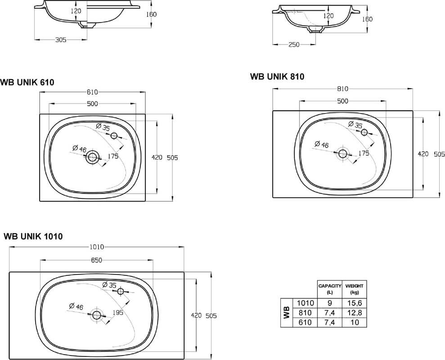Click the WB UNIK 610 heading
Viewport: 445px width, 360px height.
pos(27,82)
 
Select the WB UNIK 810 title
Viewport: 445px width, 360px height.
pos(277,76)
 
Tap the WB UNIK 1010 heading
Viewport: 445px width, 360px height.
pos(33,236)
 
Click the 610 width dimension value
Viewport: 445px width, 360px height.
pos(92,92)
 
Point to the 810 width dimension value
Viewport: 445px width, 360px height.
pos(342,89)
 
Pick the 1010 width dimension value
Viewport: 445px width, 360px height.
pos(97,247)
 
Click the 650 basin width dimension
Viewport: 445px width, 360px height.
pos(96,260)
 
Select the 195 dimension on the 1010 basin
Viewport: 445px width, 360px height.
pos(118,313)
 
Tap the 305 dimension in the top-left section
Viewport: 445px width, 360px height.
pos(61,40)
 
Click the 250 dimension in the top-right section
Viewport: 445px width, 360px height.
pos(294,45)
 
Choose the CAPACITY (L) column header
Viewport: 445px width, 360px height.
pos(330,289)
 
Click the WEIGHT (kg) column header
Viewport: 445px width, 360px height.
pos(355,289)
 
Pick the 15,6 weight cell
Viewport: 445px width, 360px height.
pos(355,303)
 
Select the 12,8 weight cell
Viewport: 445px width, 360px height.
pos(355,313)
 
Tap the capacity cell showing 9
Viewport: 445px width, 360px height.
pos(330,303)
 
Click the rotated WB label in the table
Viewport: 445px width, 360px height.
pos(287,313)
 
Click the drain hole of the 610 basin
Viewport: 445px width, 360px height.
pos(92,157)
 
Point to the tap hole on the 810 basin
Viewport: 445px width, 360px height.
pos(364,132)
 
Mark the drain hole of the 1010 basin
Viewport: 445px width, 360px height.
pos(97,314)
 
